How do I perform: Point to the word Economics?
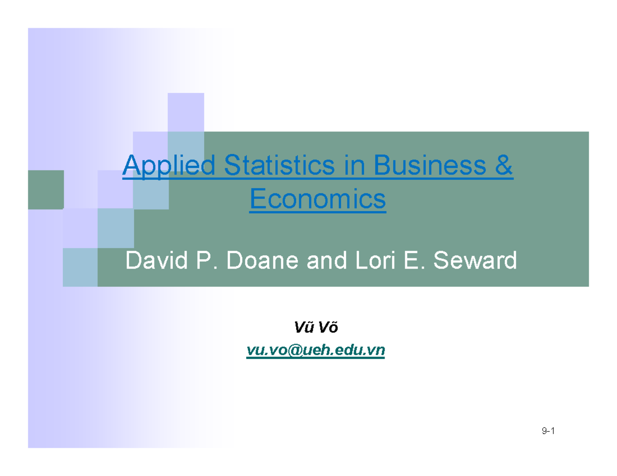317,199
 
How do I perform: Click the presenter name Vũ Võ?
316,327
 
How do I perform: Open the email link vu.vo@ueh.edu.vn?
316,350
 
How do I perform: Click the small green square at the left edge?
46,189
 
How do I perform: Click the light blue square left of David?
80,267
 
